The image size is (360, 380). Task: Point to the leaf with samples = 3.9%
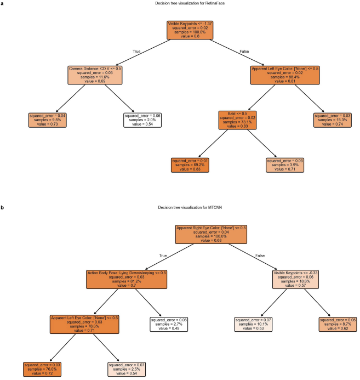(x=284, y=164)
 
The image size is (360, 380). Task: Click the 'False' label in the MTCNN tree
(x=251, y=256)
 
